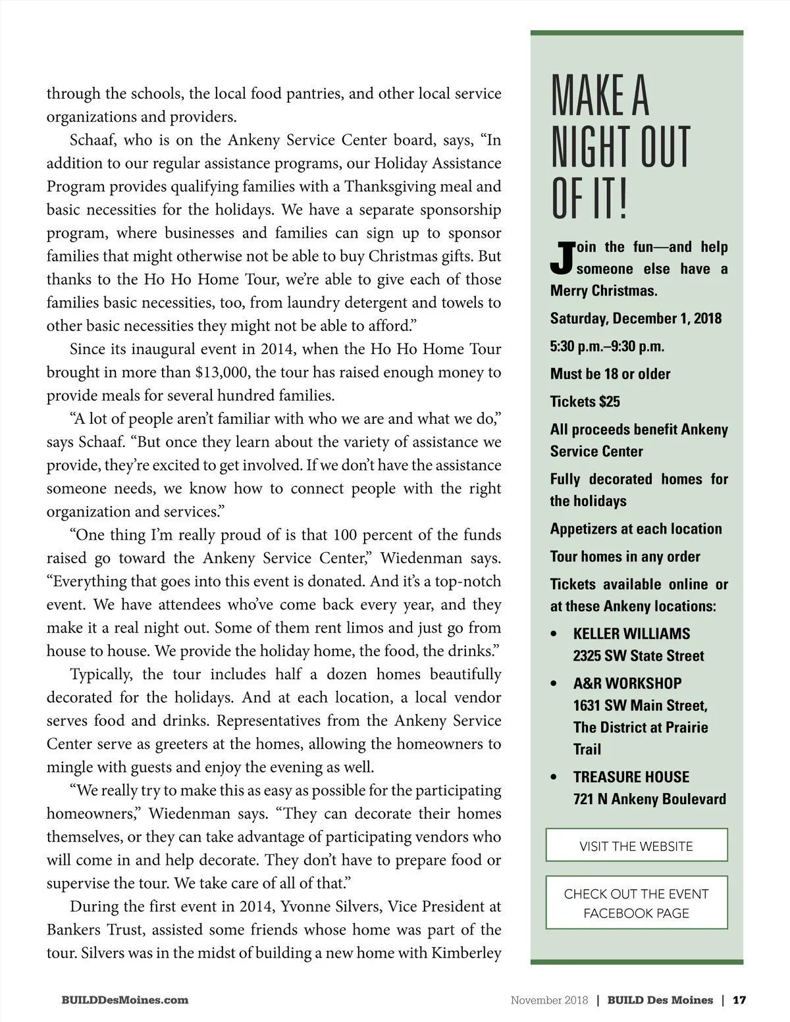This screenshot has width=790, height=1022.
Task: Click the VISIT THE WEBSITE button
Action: [636, 846]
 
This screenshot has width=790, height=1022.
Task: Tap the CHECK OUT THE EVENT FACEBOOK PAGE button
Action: [636, 903]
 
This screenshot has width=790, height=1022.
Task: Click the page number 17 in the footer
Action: [739, 1000]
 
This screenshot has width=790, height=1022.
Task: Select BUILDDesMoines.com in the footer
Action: [124, 1000]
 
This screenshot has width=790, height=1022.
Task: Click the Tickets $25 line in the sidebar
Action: [585, 401]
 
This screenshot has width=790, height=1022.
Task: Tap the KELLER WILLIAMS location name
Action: [631, 634]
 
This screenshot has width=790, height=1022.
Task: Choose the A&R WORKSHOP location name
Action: [627, 683]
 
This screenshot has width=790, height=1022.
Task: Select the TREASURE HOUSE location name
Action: [631, 777]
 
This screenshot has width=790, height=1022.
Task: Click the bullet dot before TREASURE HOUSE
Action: [554, 777]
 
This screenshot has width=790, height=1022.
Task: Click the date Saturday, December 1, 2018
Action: [635, 319]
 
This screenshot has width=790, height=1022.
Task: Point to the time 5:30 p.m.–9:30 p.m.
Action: [607, 346]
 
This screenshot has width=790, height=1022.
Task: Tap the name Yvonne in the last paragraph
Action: [305, 907]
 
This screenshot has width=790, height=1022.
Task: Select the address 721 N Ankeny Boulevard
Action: [649, 799]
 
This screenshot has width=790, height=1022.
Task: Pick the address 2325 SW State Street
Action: [638, 655]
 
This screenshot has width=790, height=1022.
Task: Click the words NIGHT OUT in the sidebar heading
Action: [619, 147]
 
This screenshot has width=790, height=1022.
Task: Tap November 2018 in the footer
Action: [549, 1000]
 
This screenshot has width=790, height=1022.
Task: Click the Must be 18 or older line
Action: [610, 374]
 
